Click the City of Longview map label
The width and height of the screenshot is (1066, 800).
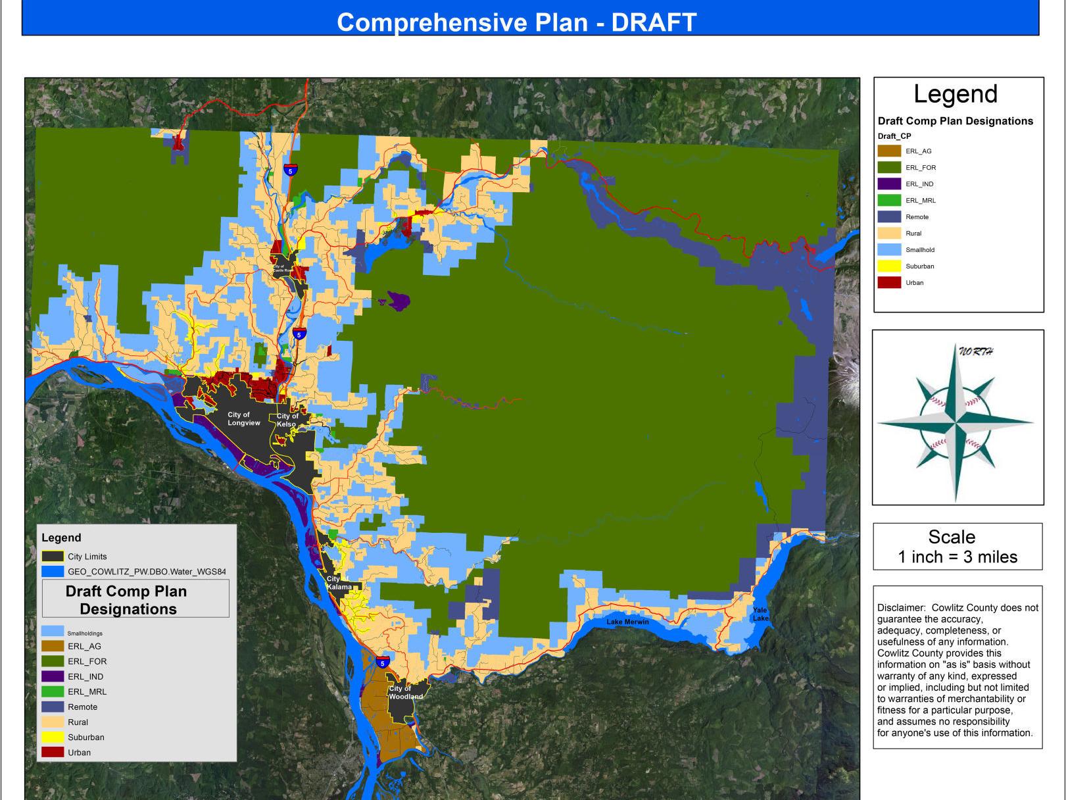(243, 419)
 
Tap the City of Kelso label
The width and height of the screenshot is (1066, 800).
(287, 420)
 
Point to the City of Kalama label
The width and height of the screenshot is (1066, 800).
(339, 583)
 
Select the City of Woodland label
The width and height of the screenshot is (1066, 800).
(405, 693)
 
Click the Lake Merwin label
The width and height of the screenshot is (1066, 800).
(627, 622)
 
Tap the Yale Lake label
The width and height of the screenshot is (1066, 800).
(760, 614)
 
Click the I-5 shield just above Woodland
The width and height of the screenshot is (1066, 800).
(382, 662)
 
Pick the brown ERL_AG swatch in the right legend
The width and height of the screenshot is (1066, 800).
(889, 151)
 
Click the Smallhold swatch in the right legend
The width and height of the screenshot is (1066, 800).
(889, 250)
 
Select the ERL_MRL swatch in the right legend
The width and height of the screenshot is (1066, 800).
(889, 201)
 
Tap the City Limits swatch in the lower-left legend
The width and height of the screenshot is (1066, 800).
(53, 557)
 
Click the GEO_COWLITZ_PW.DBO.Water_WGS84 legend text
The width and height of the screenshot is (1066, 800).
(147, 572)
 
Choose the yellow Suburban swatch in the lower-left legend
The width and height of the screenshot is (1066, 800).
(53, 737)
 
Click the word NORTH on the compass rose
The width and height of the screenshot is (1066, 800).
(975, 351)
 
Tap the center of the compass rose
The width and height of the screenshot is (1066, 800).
(956, 421)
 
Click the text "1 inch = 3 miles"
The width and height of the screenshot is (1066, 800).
(957, 557)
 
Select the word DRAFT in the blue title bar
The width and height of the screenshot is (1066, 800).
(654, 22)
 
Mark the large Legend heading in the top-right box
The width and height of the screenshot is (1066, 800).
(956, 94)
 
